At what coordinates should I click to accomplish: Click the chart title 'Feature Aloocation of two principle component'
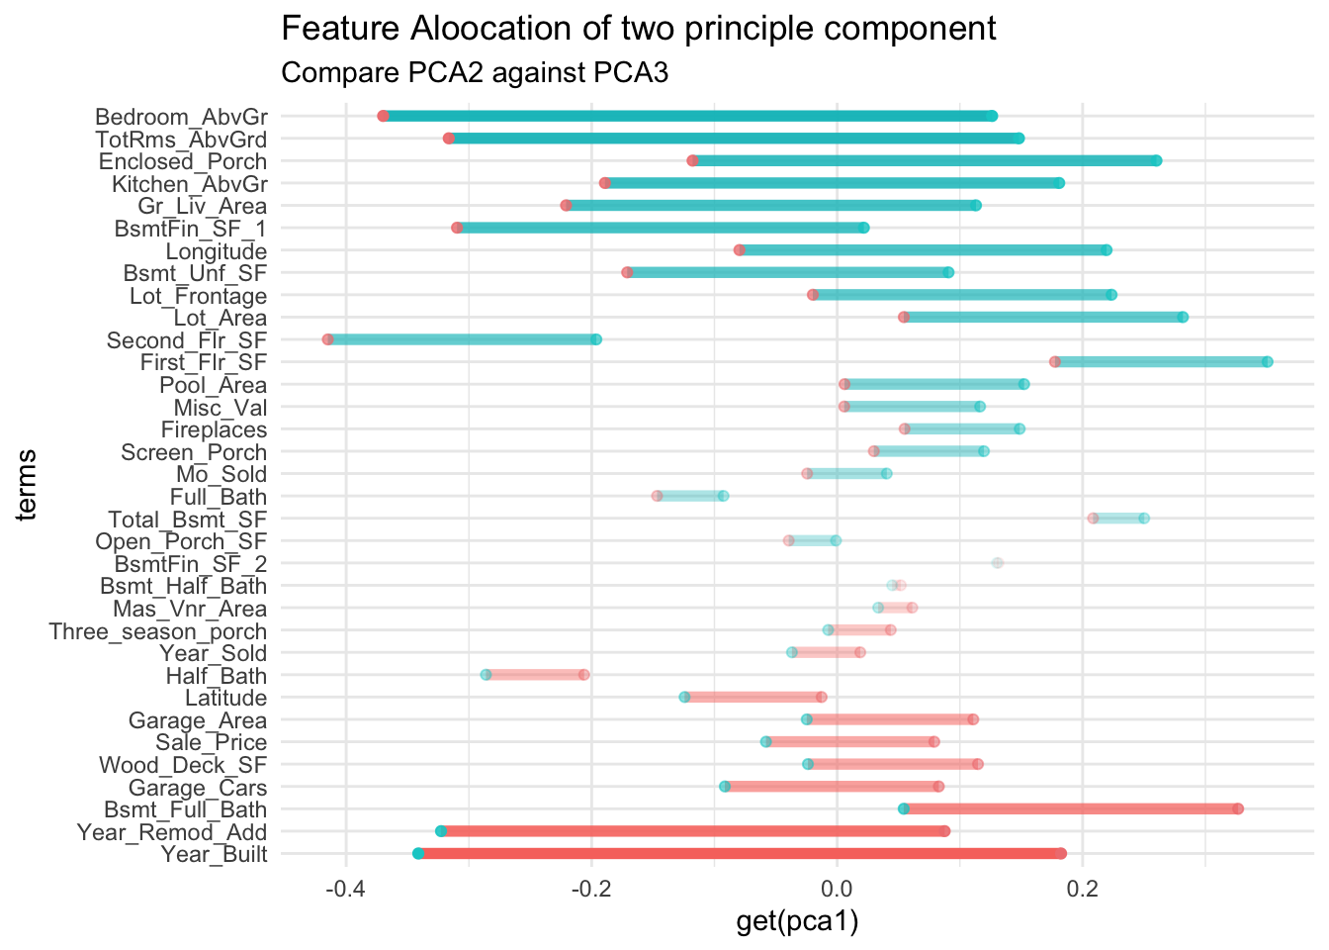[x=639, y=29]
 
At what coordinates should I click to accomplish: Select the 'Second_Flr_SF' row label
[x=187, y=341]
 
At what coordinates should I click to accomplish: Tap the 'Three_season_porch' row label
[x=158, y=631]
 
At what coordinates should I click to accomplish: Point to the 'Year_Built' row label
[x=215, y=855]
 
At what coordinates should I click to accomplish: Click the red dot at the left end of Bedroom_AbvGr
[x=384, y=117]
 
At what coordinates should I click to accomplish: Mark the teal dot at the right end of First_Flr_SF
[x=1268, y=362]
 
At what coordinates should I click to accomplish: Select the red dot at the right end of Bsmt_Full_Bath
[x=1238, y=809]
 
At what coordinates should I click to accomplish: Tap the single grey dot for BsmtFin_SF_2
[x=998, y=563]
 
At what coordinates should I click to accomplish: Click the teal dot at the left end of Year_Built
[x=418, y=854]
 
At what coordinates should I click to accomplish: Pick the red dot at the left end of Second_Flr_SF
[x=328, y=340]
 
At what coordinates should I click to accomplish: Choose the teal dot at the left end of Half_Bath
[x=486, y=675]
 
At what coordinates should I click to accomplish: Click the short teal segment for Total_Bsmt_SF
[x=1118, y=519]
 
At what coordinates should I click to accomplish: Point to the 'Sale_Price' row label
[x=212, y=743]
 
